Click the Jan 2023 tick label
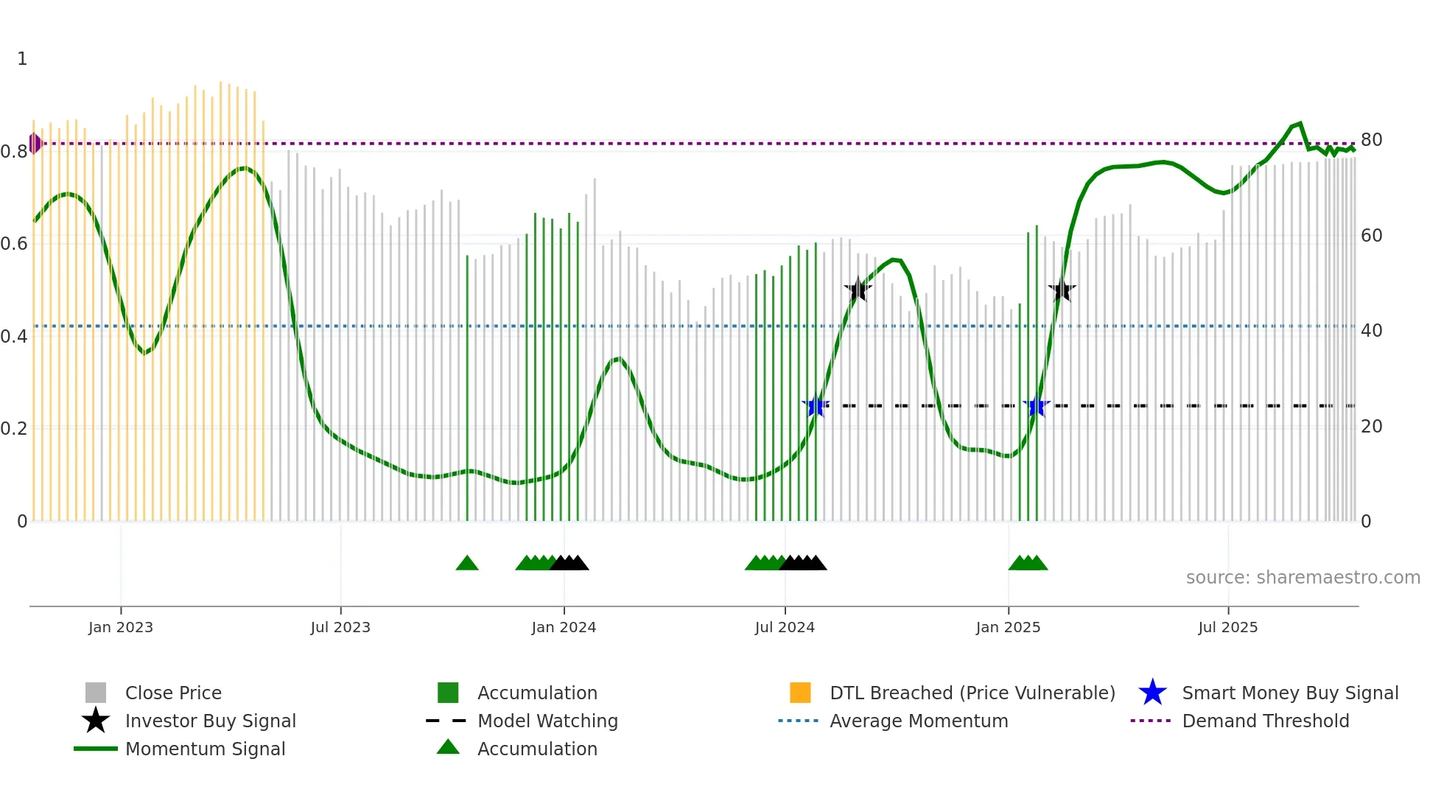(121, 628)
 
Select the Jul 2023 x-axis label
(340, 628)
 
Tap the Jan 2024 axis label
(564, 628)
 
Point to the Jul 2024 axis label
(785, 628)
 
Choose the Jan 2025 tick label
(1008, 628)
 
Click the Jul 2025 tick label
(1228, 628)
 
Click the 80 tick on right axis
(1371, 140)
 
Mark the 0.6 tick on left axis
(14, 244)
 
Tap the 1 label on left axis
(22, 59)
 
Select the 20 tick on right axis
(1371, 427)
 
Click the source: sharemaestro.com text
(1303, 578)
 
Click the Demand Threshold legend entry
(1265, 721)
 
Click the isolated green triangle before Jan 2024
(467, 564)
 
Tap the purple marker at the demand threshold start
(35, 144)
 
